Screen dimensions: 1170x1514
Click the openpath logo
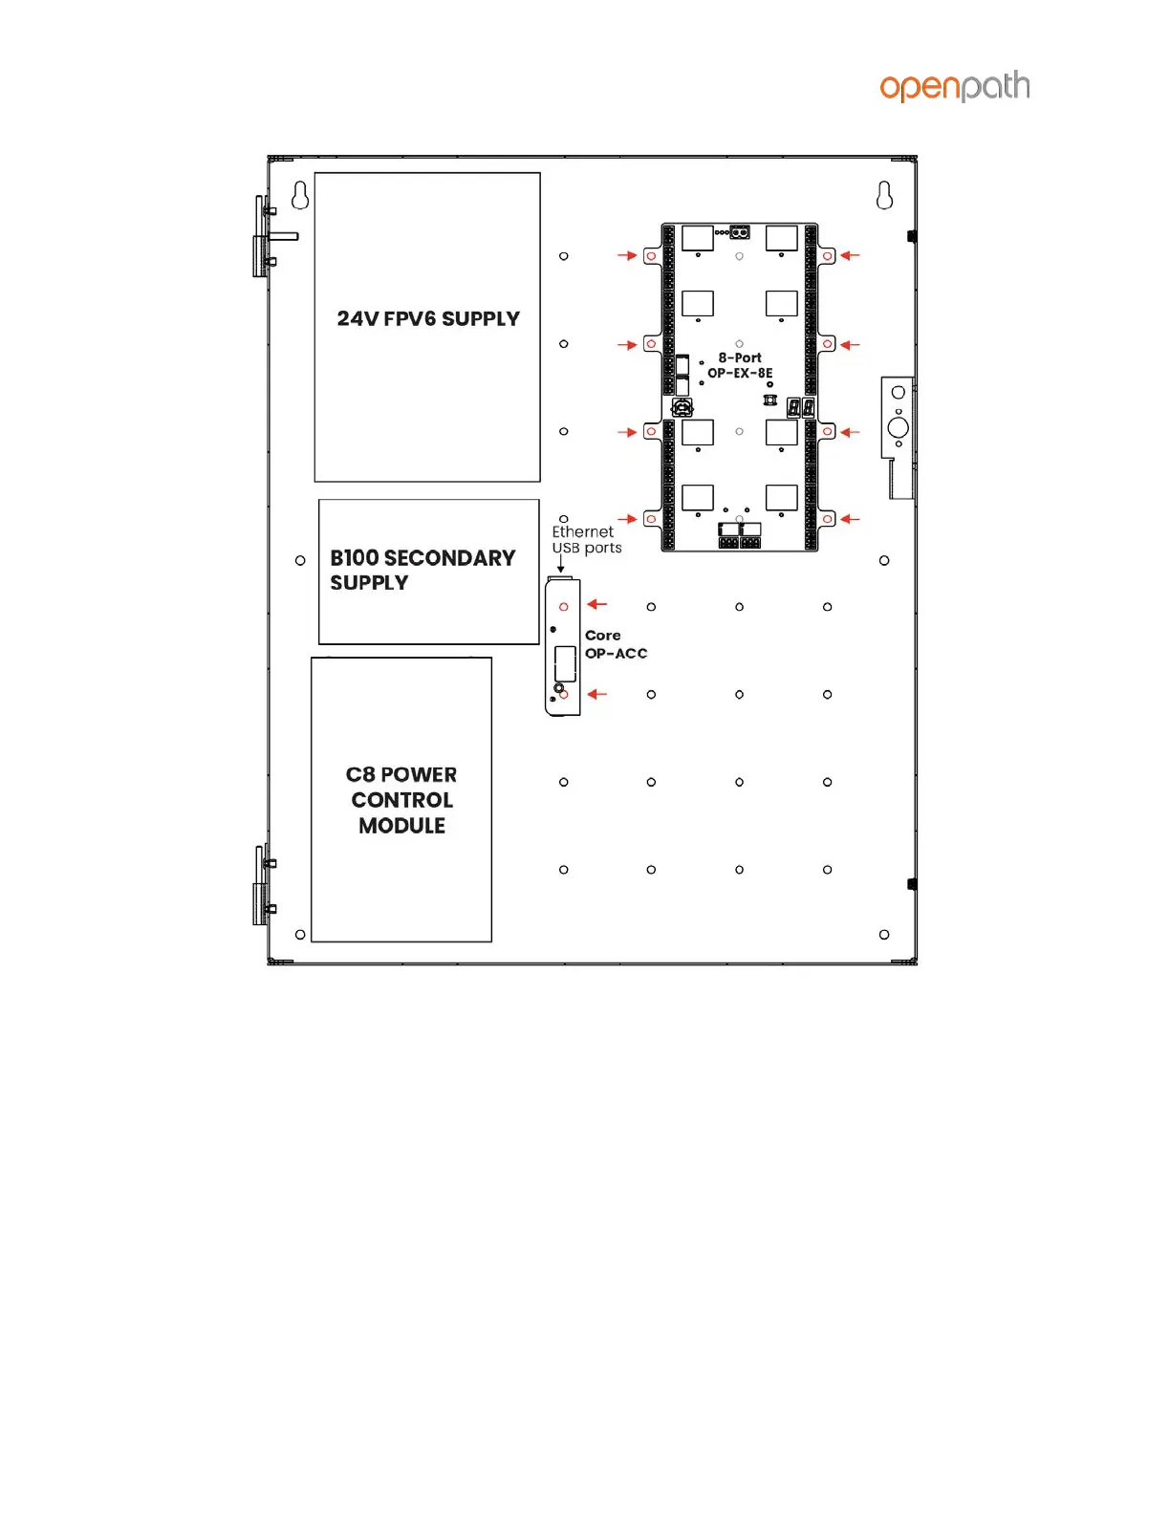pyautogui.click(x=954, y=86)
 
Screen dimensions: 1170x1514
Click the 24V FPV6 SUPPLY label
pyautogui.click(x=428, y=318)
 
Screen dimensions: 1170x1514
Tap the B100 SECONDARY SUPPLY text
pyautogui.click(x=422, y=570)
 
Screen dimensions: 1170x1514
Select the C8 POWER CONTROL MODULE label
pyautogui.click(x=401, y=800)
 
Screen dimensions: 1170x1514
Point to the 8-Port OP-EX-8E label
pyautogui.click(x=739, y=365)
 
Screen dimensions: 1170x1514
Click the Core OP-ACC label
pyautogui.click(x=616, y=644)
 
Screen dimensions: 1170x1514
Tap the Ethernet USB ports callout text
pyautogui.click(x=586, y=539)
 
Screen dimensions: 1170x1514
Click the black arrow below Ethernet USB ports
pyautogui.click(x=560, y=564)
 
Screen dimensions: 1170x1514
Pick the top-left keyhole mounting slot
pyautogui.click(x=300, y=195)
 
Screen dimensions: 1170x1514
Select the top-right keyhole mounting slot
pyautogui.click(x=884, y=195)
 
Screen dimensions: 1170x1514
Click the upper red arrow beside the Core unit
pyautogui.click(x=597, y=604)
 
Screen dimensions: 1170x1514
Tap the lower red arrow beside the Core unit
pyautogui.click(x=597, y=694)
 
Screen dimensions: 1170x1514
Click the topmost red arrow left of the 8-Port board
pyautogui.click(x=627, y=256)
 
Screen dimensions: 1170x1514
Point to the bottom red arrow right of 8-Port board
pyautogui.click(x=850, y=519)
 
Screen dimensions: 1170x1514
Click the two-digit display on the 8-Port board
pyautogui.click(x=801, y=407)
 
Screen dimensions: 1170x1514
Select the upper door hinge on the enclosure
pyautogui.click(x=265, y=236)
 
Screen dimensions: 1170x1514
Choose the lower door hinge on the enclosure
pyautogui.click(x=264, y=885)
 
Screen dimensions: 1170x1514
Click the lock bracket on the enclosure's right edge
pyautogui.click(x=899, y=437)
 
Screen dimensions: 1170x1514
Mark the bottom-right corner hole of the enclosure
pyautogui.click(x=884, y=935)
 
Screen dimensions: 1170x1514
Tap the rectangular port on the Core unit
pyautogui.click(x=564, y=663)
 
